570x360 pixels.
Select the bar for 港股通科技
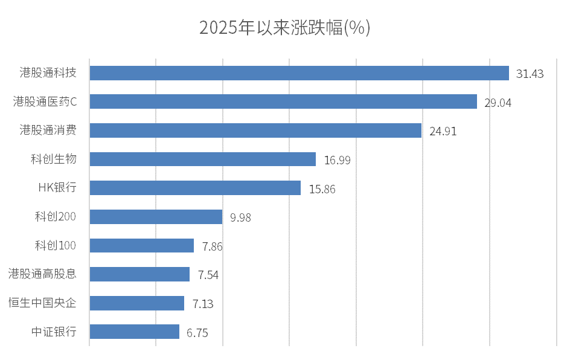(299, 73)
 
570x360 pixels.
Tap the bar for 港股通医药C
(283, 101)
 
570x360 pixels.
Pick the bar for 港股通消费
(255, 130)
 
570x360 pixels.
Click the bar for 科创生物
(202, 159)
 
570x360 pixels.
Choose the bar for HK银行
(195, 188)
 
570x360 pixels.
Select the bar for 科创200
(156, 217)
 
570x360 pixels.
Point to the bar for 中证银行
(134, 332)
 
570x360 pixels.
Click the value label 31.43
(530, 74)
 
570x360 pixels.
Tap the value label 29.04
(498, 103)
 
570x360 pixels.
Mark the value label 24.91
(443, 131)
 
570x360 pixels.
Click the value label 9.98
(240, 217)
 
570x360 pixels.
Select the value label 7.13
(203, 304)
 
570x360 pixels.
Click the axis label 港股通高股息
(42, 274)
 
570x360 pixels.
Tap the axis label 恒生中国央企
(42, 303)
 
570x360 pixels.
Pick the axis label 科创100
(56, 245)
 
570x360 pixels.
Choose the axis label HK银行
(57, 188)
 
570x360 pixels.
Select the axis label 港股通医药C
(45, 101)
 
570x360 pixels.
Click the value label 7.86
(213, 246)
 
